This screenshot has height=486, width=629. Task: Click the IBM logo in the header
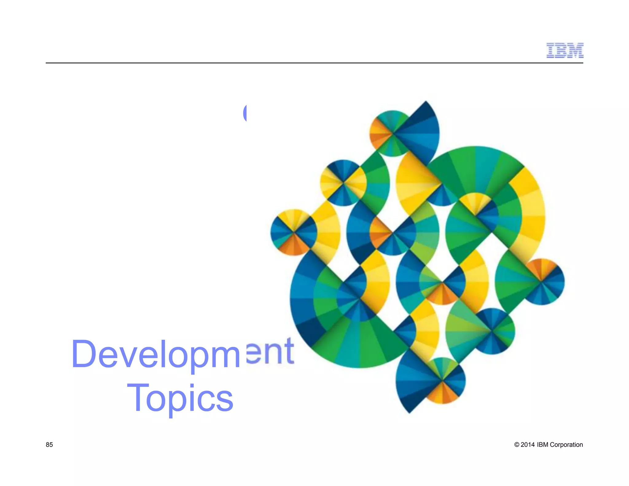tap(565, 50)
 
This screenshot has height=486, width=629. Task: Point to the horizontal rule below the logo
tap(314, 63)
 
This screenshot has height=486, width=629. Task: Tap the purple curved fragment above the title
tap(245, 113)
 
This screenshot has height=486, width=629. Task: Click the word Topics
tap(180, 398)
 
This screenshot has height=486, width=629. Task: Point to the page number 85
tap(49, 445)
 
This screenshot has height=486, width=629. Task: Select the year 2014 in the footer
tap(528, 445)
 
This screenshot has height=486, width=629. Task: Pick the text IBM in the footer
tap(542, 445)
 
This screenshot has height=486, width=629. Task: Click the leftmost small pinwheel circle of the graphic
tap(294, 232)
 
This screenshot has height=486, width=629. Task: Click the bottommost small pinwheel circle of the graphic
tap(442, 381)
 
